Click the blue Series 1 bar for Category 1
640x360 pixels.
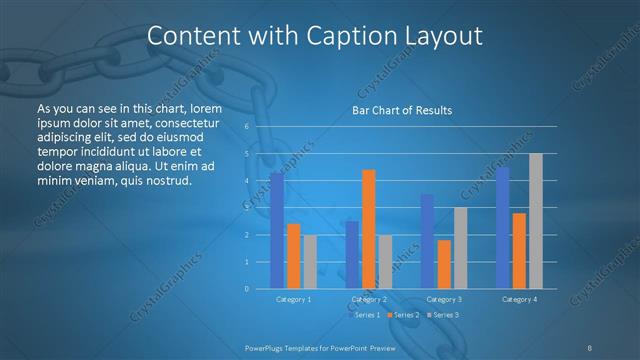[x=277, y=231]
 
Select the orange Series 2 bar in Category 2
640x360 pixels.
[x=369, y=229]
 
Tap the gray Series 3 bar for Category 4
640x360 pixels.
[x=536, y=221]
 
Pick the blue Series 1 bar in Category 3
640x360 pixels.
[x=427, y=241]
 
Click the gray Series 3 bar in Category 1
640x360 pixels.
[x=310, y=262]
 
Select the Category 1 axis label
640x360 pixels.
[x=293, y=299]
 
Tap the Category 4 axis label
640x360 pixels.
[x=519, y=299]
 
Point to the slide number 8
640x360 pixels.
[x=590, y=347]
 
